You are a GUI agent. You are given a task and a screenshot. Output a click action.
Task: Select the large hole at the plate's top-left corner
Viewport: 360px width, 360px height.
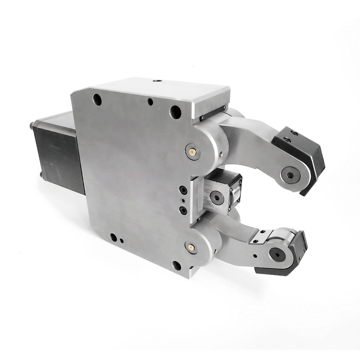pyautogui.click(x=97, y=99)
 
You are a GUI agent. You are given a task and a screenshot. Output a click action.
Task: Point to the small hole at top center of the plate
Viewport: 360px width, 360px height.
pyautogui.click(x=150, y=102)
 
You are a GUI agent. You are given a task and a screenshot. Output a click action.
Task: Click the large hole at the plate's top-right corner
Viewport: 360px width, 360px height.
pyautogui.click(x=175, y=111)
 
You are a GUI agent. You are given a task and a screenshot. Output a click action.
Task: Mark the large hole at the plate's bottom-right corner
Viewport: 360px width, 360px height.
pyautogui.click(x=177, y=265)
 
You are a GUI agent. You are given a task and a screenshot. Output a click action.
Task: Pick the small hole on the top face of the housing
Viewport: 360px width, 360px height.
pyautogui.click(x=157, y=81)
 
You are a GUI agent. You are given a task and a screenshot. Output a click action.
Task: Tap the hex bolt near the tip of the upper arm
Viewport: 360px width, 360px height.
pyautogui.click(x=290, y=174)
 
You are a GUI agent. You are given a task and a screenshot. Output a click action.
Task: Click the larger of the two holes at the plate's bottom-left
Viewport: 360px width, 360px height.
pyautogui.click(x=113, y=237)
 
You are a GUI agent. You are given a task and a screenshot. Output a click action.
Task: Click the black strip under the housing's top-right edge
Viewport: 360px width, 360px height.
pyautogui.click(x=213, y=113)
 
